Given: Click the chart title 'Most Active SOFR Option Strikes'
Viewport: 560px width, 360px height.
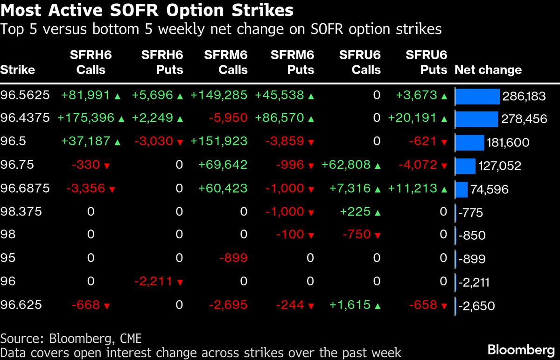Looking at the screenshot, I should coord(147,10).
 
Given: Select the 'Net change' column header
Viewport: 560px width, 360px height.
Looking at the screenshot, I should coord(488,70).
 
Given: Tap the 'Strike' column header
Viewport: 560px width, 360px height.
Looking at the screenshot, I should coord(18,70).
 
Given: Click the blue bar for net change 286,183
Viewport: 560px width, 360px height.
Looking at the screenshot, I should coord(477,96).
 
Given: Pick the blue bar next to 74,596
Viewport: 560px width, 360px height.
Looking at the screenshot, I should coord(461,189).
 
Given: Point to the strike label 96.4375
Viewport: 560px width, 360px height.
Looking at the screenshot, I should coord(25,118).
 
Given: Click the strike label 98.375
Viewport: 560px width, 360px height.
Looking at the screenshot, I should coord(21,212).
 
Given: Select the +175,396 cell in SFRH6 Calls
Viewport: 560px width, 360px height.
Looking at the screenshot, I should coord(85,118).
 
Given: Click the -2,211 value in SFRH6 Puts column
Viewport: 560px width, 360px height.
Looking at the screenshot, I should coord(154,282).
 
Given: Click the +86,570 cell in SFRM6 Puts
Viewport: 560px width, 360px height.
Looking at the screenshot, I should coord(279,118).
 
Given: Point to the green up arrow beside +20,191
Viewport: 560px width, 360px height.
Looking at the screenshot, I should coord(444,119).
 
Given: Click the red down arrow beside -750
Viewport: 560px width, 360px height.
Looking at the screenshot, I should coord(377,235).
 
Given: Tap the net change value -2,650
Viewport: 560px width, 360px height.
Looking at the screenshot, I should coord(476,306).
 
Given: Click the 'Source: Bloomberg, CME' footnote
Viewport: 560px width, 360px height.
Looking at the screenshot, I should coord(71,338).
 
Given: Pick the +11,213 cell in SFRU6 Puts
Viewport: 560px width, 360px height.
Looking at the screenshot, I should coord(411,188).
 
